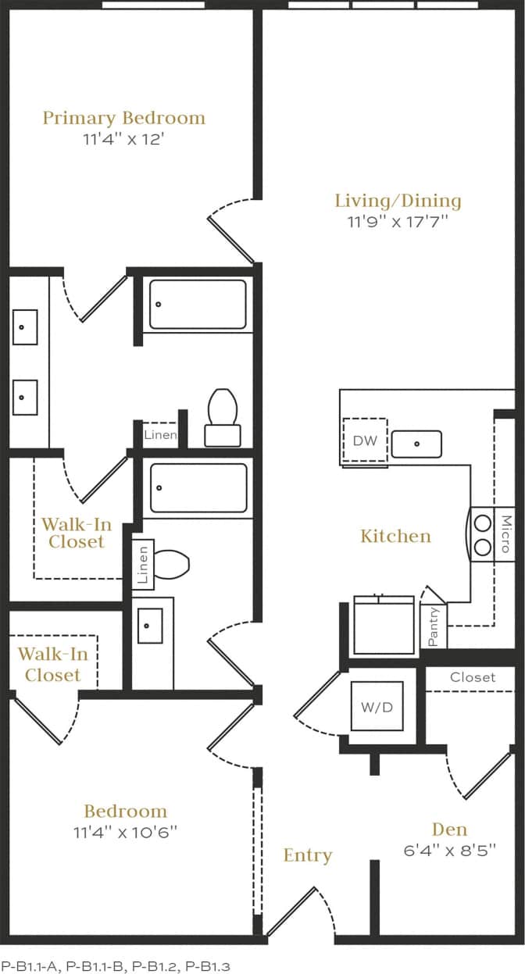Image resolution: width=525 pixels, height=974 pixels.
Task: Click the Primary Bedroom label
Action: coord(123,118)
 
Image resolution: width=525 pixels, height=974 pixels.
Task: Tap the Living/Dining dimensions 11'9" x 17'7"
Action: coord(398,221)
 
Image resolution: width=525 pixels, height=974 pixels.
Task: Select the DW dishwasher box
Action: coord(365,441)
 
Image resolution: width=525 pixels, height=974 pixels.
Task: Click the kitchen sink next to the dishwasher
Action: coord(416,444)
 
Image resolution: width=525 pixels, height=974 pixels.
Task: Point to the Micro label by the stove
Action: coord(505,534)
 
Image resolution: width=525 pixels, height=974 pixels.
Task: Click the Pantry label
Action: coord(434,626)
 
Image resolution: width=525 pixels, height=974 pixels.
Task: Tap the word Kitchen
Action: coord(395,536)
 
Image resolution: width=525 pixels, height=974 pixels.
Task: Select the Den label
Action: coord(449,830)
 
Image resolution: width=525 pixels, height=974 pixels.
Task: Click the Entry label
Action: coord(308,855)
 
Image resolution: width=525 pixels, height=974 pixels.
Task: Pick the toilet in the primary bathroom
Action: coord(223,417)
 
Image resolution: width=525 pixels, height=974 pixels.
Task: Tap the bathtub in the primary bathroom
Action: coord(198,304)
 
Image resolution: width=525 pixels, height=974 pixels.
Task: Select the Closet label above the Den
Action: coord(473,677)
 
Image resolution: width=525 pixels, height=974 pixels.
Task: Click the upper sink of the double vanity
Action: coord(25,327)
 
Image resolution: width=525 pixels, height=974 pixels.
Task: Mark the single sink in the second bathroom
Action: coord(150,626)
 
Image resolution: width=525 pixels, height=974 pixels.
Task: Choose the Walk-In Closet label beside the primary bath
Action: coord(73,532)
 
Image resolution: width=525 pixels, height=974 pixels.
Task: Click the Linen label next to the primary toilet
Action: coord(160,435)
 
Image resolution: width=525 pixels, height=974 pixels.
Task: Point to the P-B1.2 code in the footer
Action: coord(154,966)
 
